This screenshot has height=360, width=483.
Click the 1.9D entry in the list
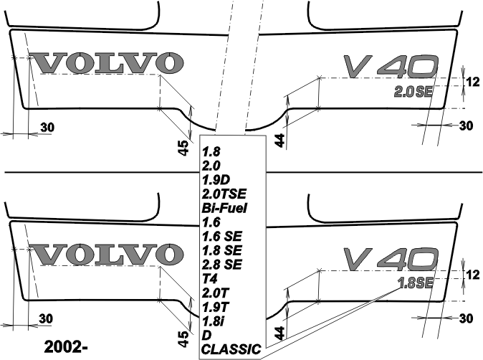click(216, 180)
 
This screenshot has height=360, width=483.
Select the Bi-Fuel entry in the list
click(224, 209)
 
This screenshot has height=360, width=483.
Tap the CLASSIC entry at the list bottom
click(231, 349)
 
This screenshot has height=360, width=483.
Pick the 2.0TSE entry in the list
click(224, 194)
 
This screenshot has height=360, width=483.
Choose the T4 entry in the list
click(210, 279)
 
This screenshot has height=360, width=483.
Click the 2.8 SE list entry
click(221, 265)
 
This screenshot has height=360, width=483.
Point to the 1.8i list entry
click(213, 321)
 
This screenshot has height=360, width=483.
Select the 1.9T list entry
click(216, 307)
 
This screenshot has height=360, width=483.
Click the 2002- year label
click(66, 347)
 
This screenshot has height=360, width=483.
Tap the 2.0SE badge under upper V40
click(413, 92)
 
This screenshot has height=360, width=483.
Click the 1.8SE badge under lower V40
click(415, 283)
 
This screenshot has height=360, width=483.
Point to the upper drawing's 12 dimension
click(472, 82)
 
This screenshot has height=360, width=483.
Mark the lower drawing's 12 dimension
click(472, 275)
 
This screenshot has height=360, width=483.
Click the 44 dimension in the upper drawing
click(279, 141)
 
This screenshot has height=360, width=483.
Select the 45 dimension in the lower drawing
click(183, 339)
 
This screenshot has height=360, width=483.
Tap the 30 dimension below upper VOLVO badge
click(47, 127)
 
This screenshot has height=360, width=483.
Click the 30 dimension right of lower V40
click(466, 318)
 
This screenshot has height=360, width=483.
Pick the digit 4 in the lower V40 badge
click(392, 257)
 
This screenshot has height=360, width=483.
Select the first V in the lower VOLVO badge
click(50, 255)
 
